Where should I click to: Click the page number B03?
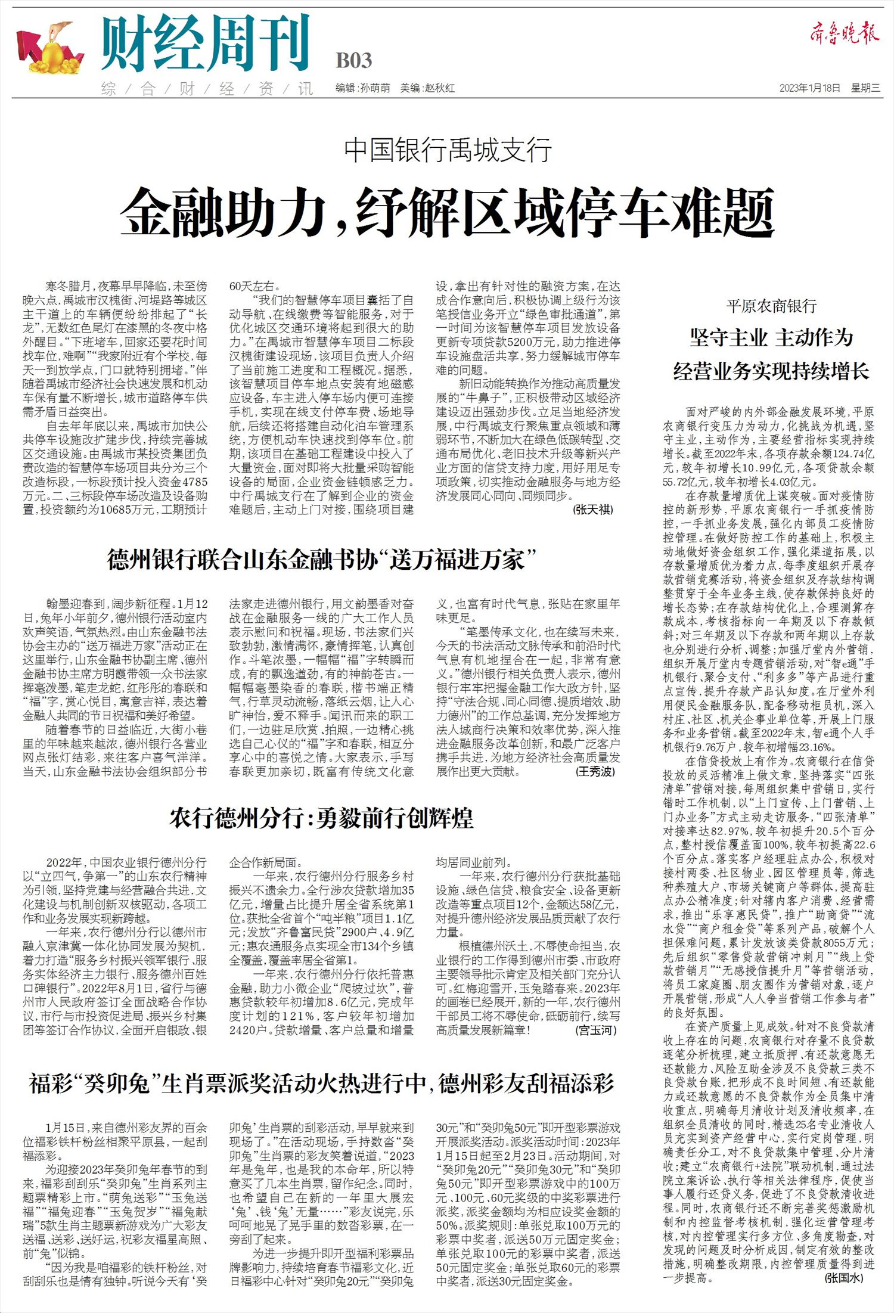pos(354,60)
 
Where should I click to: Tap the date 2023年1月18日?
pos(810,88)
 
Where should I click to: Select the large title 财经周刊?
pos(206,44)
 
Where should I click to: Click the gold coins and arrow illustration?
pos(50,49)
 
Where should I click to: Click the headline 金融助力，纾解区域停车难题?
pos(447,212)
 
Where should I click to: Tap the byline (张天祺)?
pos(592,509)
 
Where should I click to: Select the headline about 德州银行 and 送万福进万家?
pos(322,561)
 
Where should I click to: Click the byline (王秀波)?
pos(595,771)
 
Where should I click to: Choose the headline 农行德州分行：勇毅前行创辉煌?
pos(322,818)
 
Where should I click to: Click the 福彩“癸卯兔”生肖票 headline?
pos(322,1084)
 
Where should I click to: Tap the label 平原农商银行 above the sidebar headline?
pos(771,306)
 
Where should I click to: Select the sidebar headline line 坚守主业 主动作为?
pos(771,338)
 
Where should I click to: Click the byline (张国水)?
pos(844,1278)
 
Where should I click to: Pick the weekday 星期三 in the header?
pos(865,88)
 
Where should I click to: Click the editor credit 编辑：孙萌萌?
pos(362,88)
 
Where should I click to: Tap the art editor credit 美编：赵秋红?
pos(427,88)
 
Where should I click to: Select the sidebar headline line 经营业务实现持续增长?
pos(771,372)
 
